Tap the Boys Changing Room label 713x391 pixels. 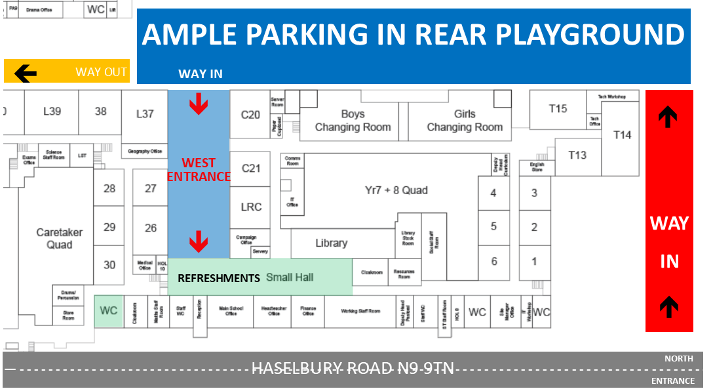[353, 121]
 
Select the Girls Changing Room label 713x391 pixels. [465, 121]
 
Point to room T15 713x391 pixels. [558, 108]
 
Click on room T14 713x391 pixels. [622, 135]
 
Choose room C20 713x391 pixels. [250, 115]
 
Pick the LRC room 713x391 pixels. [251, 207]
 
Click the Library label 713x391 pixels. [331, 243]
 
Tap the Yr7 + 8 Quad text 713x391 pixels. [396, 190]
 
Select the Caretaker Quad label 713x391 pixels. [54, 239]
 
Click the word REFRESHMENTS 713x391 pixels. [219, 278]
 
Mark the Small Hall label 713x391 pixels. [290, 278]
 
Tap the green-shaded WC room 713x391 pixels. [109, 310]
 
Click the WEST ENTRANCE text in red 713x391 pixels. [199, 169]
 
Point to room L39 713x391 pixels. [52, 112]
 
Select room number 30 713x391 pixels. [109, 265]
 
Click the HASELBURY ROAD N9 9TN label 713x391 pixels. [353, 368]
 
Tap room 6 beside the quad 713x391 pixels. [493, 261]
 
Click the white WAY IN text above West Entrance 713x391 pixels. [200, 74]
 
